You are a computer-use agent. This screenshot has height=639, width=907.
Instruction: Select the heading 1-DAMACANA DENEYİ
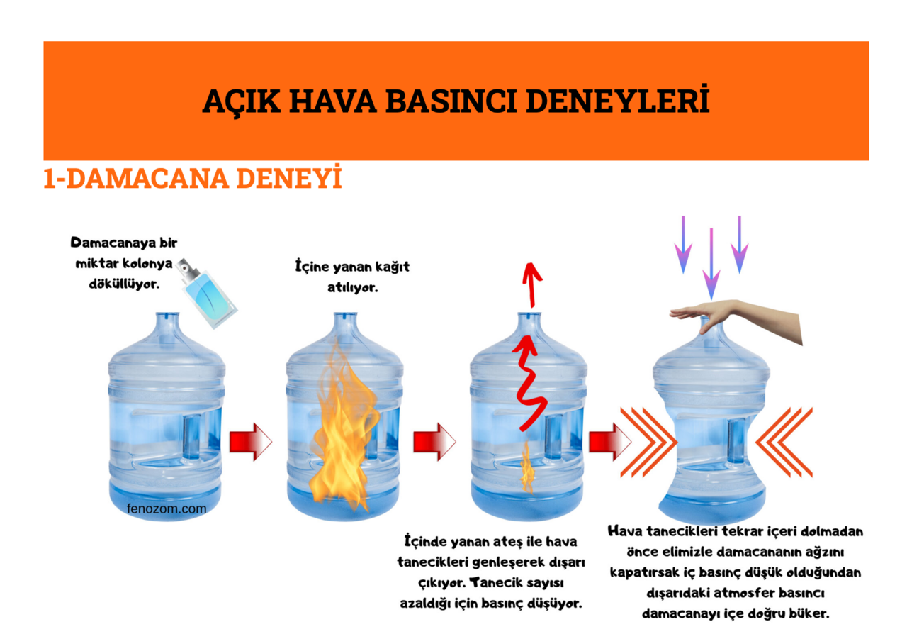pyautogui.click(x=193, y=179)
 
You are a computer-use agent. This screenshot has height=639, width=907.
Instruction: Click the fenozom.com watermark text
pyautogui.click(x=167, y=509)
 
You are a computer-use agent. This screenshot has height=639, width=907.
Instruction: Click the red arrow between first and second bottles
pyautogui.click(x=250, y=441)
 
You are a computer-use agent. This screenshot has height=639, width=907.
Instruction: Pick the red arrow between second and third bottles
pyautogui.click(x=434, y=441)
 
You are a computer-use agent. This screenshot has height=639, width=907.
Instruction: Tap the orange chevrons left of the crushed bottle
pyautogui.click(x=646, y=441)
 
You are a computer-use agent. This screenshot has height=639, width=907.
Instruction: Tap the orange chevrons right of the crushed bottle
pyautogui.click(x=784, y=441)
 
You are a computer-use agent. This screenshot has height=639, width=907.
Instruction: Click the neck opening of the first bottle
pyautogui.click(x=167, y=314)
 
